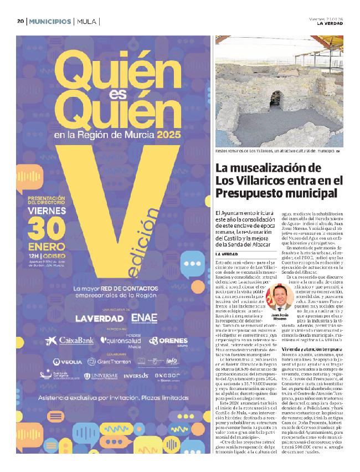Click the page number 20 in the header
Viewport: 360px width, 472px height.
(20, 22)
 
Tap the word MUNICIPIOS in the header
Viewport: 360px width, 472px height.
(50, 22)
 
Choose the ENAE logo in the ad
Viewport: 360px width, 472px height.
(145, 319)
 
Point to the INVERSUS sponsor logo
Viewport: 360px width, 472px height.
(136, 376)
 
